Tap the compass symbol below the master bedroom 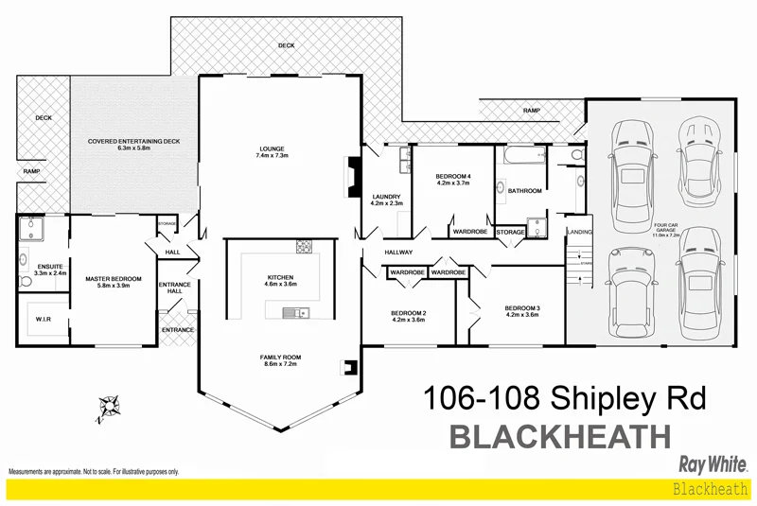point(110,406)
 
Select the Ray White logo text point(714,463)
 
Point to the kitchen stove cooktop point(305,248)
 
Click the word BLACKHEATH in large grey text point(559,437)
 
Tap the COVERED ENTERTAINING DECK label point(133,141)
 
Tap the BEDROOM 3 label point(521,308)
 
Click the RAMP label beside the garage point(531,111)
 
